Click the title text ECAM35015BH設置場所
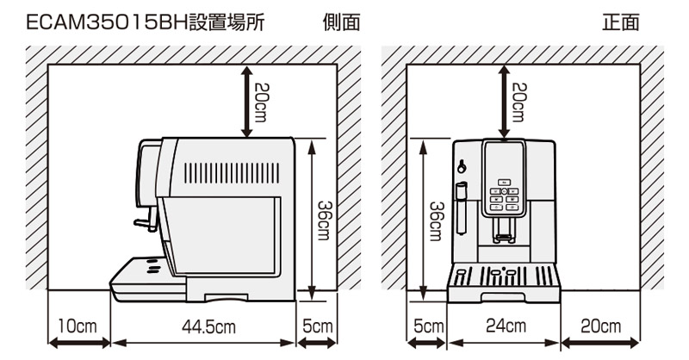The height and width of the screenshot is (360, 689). [x=146, y=22]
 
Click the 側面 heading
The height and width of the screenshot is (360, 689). [x=341, y=22]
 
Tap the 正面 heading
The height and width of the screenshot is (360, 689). [x=620, y=22]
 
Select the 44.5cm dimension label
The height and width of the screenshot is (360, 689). [x=208, y=327]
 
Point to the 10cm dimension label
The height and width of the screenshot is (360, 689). [x=78, y=326]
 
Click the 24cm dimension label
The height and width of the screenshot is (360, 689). [x=506, y=326]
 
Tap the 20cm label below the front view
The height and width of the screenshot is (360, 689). [x=600, y=326]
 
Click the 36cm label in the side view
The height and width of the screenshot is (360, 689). [x=325, y=220]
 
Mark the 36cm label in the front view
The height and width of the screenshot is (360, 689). [x=437, y=221]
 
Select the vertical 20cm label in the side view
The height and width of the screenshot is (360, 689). [x=262, y=102]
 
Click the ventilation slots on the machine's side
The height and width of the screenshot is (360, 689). [x=232, y=173]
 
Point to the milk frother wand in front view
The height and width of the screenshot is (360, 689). [x=461, y=208]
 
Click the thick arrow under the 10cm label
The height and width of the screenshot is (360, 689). [x=78, y=343]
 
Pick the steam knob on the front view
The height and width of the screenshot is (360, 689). [x=462, y=166]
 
